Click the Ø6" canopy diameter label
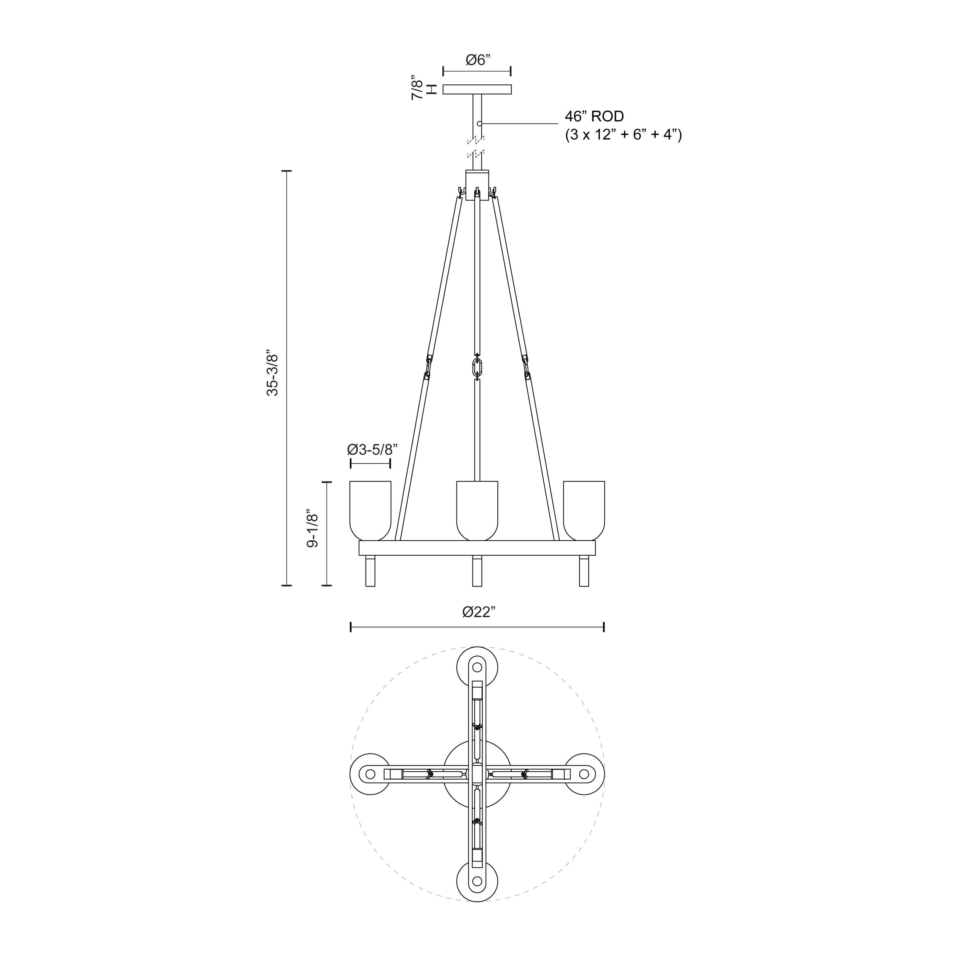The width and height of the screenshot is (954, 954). point(477,60)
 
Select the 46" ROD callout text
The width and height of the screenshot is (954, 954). point(594,117)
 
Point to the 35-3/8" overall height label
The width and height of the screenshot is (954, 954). point(272,375)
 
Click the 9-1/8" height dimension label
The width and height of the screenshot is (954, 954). point(312,528)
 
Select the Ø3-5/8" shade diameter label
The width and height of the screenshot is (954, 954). point(372,449)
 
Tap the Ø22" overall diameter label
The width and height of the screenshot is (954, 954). point(478,612)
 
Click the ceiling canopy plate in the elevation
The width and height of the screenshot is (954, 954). point(477,89)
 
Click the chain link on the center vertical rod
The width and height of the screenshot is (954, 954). point(477,368)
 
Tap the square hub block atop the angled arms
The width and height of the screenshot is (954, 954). point(477,185)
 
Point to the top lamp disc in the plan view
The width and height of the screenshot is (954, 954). point(477,667)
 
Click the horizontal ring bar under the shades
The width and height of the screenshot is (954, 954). point(477,548)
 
